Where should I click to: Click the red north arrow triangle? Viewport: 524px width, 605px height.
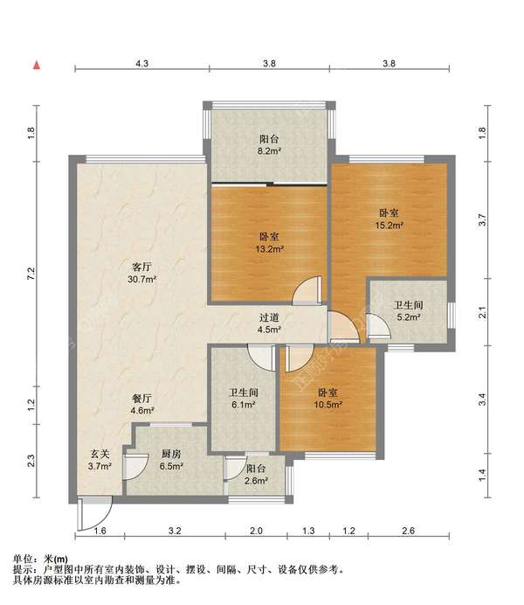click(x=37, y=66)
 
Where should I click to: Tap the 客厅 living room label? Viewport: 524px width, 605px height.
click(x=141, y=267)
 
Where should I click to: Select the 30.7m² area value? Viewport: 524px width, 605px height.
click(x=141, y=279)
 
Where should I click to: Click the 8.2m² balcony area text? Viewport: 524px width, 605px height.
click(x=269, y=151)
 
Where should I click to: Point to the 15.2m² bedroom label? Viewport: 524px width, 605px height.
click(x=390, y=225)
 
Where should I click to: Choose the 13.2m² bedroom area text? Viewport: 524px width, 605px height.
click(x=270, y=249)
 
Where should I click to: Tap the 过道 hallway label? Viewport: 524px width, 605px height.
click(x=269, y=317)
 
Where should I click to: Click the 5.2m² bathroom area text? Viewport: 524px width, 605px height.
click(x=409, y=317)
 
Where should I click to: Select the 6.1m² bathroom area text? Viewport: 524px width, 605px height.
click(x=243, y=405)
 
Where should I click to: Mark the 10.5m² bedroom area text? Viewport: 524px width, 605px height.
click(x=328, y=405)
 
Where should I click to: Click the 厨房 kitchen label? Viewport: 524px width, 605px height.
click(x=171, y=454)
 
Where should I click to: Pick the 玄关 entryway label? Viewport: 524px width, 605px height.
click(x=100, y=454)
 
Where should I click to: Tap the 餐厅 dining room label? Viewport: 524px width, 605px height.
click(x=141, y=398)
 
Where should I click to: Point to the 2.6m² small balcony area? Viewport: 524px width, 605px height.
click(x=256, y=481)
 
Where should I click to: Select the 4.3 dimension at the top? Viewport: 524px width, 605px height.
click(x=141, y=63)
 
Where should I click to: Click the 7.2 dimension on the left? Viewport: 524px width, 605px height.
click(x=31, y=273)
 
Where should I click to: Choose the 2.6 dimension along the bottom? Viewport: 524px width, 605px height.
click(x=409, y=531)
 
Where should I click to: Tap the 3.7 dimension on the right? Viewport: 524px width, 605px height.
click(x=482, y=220)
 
